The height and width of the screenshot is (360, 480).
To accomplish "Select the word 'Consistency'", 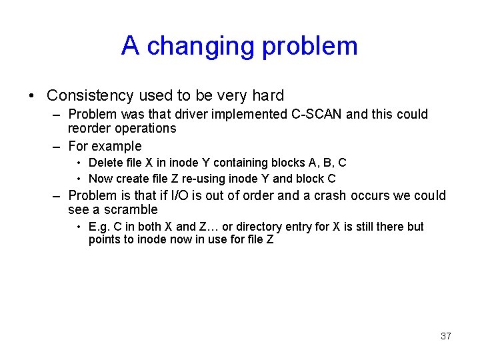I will tap(91, 95).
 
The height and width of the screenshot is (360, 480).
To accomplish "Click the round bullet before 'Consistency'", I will tap(33, 96).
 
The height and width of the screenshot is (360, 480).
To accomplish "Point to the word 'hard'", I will tap(268, 95).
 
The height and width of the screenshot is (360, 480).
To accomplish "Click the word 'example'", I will tap(117, 146).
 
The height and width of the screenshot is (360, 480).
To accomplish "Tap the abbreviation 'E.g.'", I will tap(99, 227).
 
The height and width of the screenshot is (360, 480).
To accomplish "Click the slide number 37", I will tap(445, 336).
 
